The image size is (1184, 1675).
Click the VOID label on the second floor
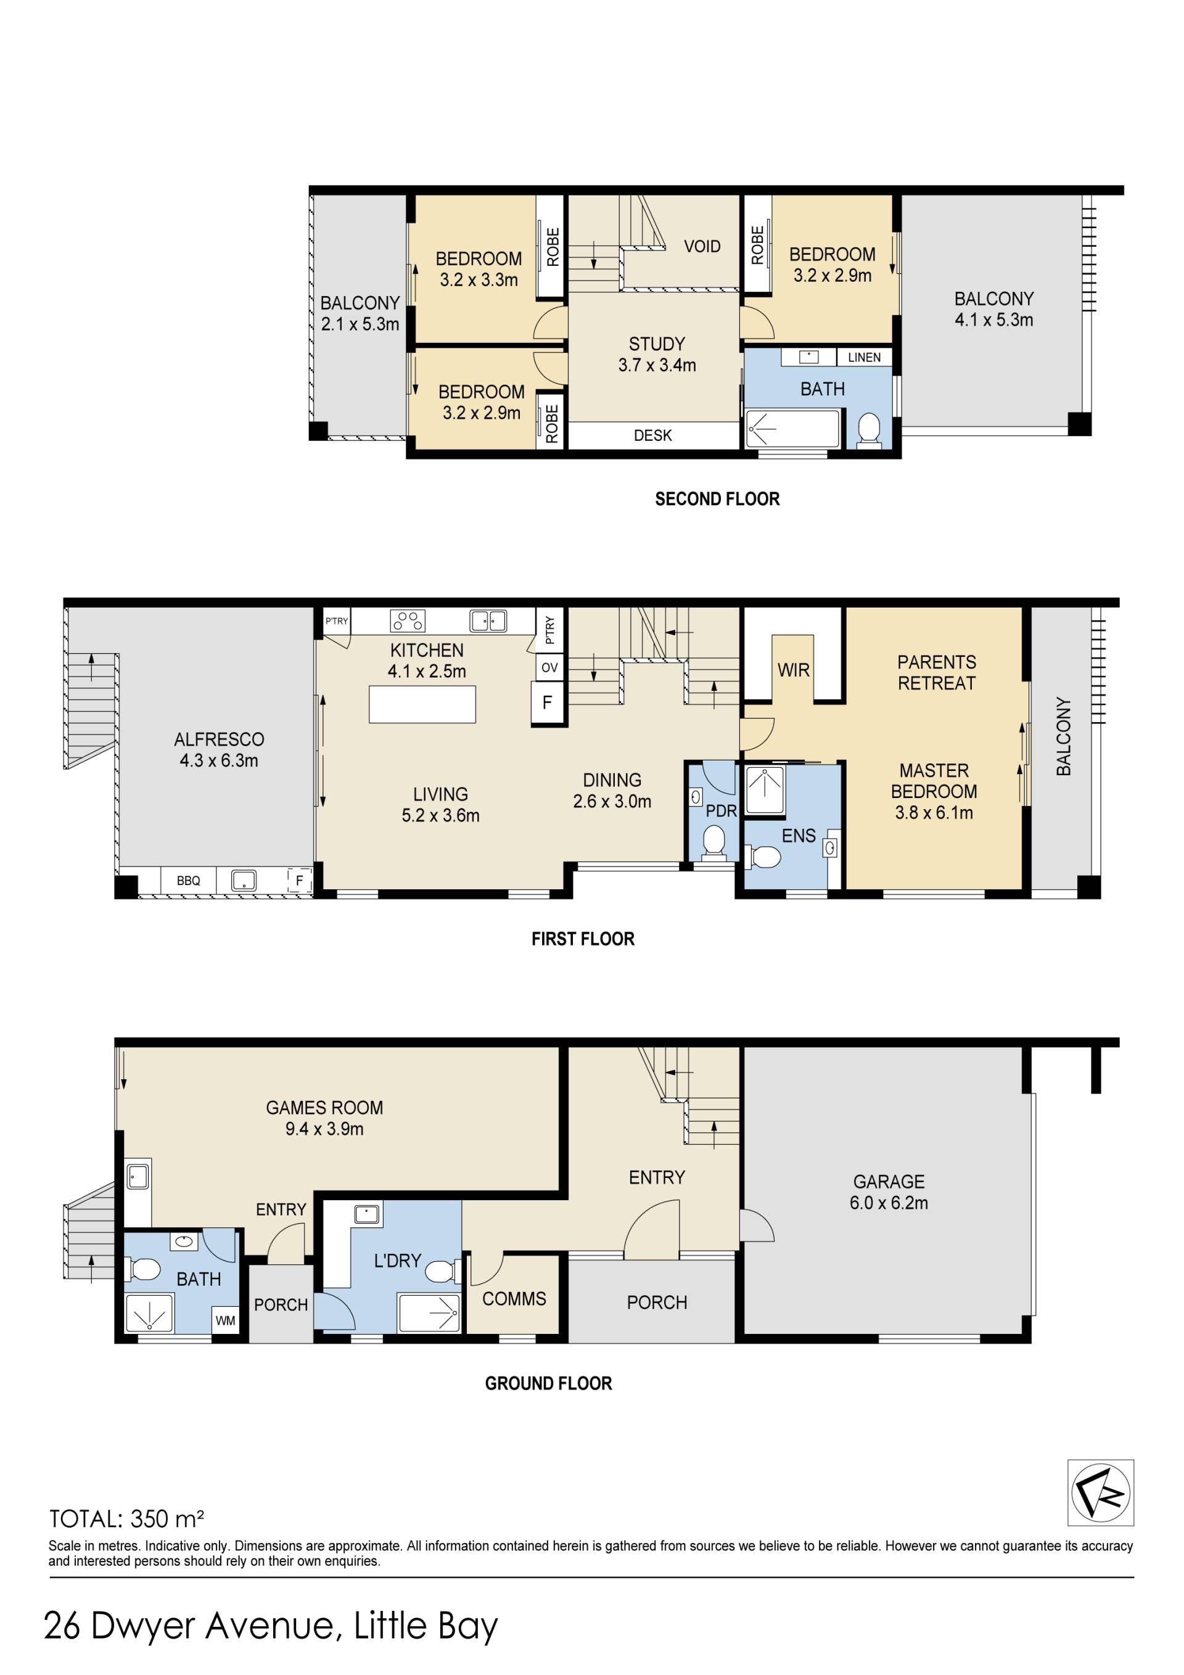click(x=702, y=247)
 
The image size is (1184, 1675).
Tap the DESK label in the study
click(x=653, y=435)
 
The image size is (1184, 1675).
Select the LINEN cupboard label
click(x=864, y=358)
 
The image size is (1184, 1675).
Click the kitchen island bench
click(x=422, y=704)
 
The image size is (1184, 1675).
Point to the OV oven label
click(x=549, y=667)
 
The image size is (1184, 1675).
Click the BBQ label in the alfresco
click(x=188, y=881)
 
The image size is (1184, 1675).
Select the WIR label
click(x=793, y=670)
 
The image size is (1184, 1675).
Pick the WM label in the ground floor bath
click(x=226, y=1320)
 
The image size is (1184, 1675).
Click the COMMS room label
click(x=514, y=1299)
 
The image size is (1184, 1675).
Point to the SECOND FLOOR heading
click(x=717, y=499)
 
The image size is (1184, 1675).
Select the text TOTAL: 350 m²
click(x=126, y=1519)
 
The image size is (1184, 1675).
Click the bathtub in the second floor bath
click(x=793, y=428)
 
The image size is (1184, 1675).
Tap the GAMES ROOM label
click(x=324, y=1108)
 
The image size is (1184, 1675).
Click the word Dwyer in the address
click(x=144, y=1626)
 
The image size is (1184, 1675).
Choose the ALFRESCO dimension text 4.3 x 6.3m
click(x=219, y=760)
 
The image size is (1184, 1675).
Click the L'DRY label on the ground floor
click(x=398, y=1261)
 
